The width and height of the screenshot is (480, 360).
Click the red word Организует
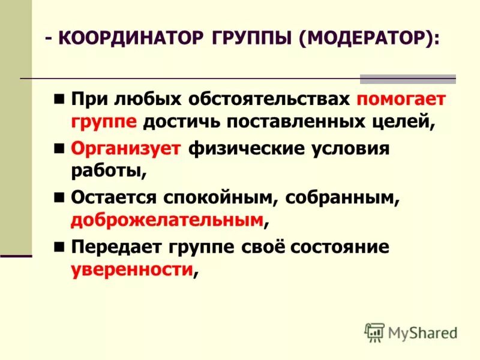(125, 148)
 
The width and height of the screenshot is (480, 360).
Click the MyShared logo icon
(374, 332)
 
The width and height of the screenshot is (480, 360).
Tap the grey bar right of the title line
(407, 79)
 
